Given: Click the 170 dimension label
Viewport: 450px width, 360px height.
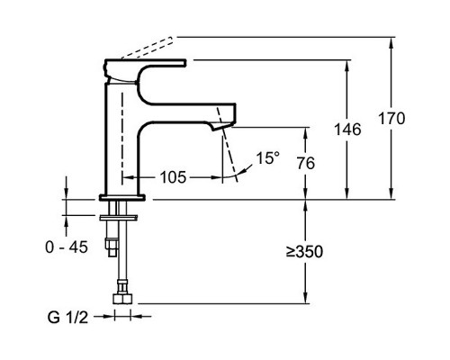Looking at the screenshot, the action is coord(391,118).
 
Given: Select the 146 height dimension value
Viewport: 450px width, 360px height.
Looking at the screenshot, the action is coord(347,130).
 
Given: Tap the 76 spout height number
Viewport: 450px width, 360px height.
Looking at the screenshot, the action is coord(306,163).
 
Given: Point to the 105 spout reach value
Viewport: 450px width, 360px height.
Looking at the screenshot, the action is coord(173,177).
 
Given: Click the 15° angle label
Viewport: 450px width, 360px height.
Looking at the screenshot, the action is coord(267,158).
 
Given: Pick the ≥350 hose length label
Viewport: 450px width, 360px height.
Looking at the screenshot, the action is coord(304,251).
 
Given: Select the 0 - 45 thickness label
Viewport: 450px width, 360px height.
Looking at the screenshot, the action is coord(67,247).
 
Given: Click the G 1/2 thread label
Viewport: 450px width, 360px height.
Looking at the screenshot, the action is coord(67,317).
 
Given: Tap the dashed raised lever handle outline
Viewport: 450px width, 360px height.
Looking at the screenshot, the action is coord(147,48).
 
